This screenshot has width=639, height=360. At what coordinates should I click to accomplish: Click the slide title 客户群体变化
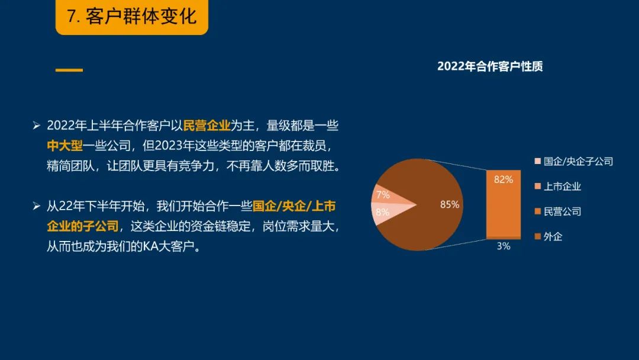141,17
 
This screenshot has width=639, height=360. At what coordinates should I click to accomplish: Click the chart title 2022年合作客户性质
490,66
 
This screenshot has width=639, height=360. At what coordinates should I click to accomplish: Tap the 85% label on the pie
450,204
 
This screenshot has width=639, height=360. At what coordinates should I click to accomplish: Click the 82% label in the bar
504,179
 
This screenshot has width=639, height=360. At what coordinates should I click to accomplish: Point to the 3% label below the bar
504,246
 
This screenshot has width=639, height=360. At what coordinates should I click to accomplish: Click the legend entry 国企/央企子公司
574,162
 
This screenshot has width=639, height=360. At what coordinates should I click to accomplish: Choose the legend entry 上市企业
558,187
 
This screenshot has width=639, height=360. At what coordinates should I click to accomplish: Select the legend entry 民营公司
558,211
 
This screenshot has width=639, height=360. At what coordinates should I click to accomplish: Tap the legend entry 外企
548,236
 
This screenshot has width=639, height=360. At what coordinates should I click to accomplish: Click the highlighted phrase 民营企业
207,126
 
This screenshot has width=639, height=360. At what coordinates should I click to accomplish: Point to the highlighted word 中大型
65,146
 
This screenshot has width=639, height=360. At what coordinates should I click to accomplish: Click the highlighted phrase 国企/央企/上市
294,206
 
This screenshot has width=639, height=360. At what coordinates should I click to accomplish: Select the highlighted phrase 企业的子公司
83,226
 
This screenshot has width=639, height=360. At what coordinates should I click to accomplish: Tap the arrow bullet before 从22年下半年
37,206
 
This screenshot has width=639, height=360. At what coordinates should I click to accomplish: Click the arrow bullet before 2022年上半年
37,126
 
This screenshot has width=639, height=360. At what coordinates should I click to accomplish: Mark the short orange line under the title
69,70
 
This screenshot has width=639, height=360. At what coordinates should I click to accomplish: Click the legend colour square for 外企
538,236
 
